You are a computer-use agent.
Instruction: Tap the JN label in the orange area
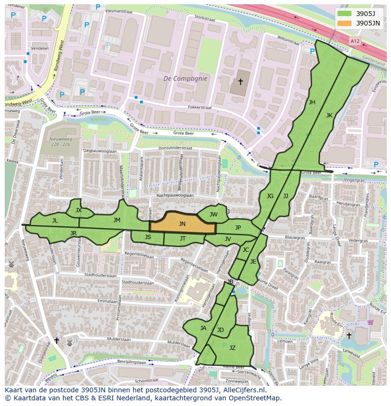pos(182,224)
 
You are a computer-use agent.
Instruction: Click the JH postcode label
pos(312,102)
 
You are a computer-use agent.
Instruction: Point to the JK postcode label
pos(329,116)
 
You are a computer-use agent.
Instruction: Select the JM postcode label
pos(117,220)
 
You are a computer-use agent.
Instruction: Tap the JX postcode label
pos(78,210)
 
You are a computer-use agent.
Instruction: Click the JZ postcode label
pos(232,348)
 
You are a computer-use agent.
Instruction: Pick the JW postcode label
pos(213,215)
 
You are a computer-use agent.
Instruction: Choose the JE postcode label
pos(253,262)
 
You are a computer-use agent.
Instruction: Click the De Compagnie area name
pos(185,79)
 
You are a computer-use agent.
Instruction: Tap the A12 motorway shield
pos(355,41)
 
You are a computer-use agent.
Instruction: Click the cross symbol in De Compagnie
pos(240,82)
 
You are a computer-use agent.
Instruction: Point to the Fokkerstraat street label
pos(200,108)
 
